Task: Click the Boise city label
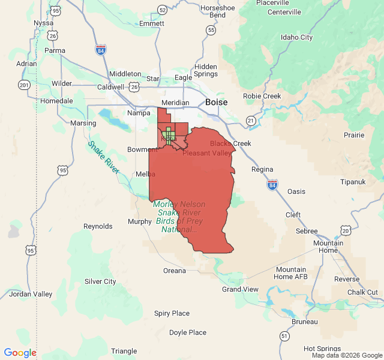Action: click(216, 103)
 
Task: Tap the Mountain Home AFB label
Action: click(291, 273)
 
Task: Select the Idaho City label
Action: click(296, 37)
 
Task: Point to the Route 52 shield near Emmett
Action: click(162, 10)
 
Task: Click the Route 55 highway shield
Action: click(211, 30)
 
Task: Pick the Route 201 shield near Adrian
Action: click(23, 85)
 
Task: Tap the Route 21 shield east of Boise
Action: click(250, 121)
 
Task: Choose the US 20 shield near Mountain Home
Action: click(345, 230)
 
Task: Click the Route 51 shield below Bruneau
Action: click(283, 336)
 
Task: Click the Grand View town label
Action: click(240, 289)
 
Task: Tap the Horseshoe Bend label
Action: click(213, 11)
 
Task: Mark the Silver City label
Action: click(100, 281)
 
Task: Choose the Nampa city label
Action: click(139, 113)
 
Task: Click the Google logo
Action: click(20, 353)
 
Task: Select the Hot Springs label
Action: click(322, 349)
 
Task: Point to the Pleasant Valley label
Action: click(207, 153)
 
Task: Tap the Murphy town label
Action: click(140, 221)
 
